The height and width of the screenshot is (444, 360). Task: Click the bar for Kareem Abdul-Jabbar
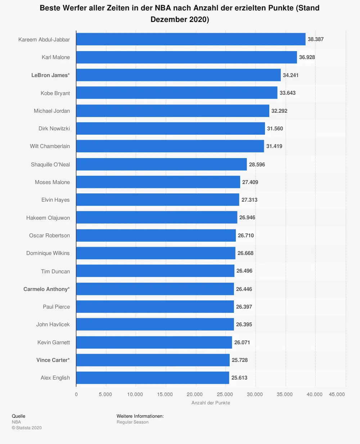pos(191,39)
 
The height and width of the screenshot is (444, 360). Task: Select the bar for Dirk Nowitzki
pos(171,129)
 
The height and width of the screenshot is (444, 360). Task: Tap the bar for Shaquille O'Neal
pos(161,164)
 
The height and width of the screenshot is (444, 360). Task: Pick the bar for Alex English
pos(153,377)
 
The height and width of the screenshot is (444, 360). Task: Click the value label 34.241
pos(291,75)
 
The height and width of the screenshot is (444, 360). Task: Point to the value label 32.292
pos(279,111)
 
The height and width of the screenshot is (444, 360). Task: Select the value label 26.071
pos(242,342)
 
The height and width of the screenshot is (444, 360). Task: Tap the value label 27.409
pos(250,182)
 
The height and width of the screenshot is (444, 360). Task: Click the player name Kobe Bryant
pos(55,93)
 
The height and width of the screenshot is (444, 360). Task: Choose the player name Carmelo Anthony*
pos(46,289)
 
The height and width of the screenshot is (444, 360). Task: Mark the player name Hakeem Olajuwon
pos(48,218)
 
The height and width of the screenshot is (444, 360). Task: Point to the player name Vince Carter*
pos(53,360)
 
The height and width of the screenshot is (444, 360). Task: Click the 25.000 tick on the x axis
pos(225,394)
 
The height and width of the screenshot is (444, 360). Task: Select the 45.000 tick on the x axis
pos(337,394)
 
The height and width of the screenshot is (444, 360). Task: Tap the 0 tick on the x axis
pos(76,394)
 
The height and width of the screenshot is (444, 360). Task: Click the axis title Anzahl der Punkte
pos(211,403)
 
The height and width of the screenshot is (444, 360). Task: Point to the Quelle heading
pos(19,416)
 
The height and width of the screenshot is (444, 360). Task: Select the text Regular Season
pos(132,422)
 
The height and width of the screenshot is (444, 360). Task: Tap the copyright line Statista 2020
pos(27,428)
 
